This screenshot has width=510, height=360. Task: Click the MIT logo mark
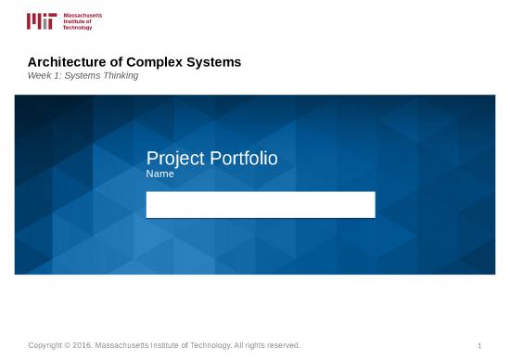[x=42, y=20]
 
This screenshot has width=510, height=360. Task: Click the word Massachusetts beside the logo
[x=83, y=15]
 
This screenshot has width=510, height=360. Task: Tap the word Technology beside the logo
[x=78, y=28]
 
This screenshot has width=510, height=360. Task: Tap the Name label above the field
[x=160, y=174]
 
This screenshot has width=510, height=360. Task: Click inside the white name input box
[x=261, y=204]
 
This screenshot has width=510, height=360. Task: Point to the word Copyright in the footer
[x=50, y=345]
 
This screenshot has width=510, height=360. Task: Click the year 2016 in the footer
[x=94, y=345]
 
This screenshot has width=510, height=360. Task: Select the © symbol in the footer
[x=77, y=345]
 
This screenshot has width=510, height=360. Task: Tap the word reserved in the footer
[x=280, y=345]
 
